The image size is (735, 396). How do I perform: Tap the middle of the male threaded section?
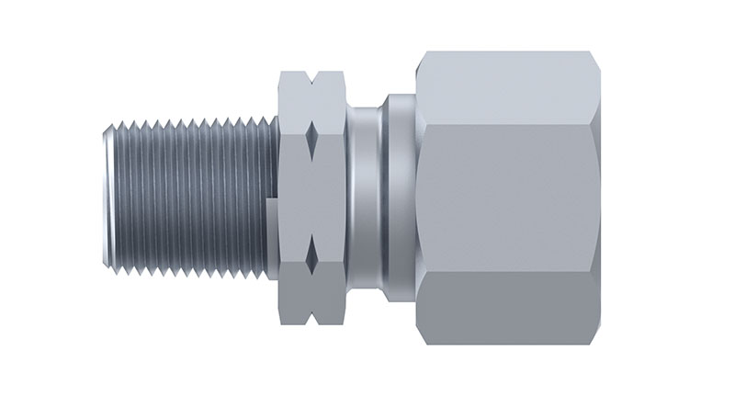[x=184, y=197]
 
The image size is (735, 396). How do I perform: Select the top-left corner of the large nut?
[x=420, y=54]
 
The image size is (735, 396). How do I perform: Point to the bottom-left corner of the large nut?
[x=420, y=341]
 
